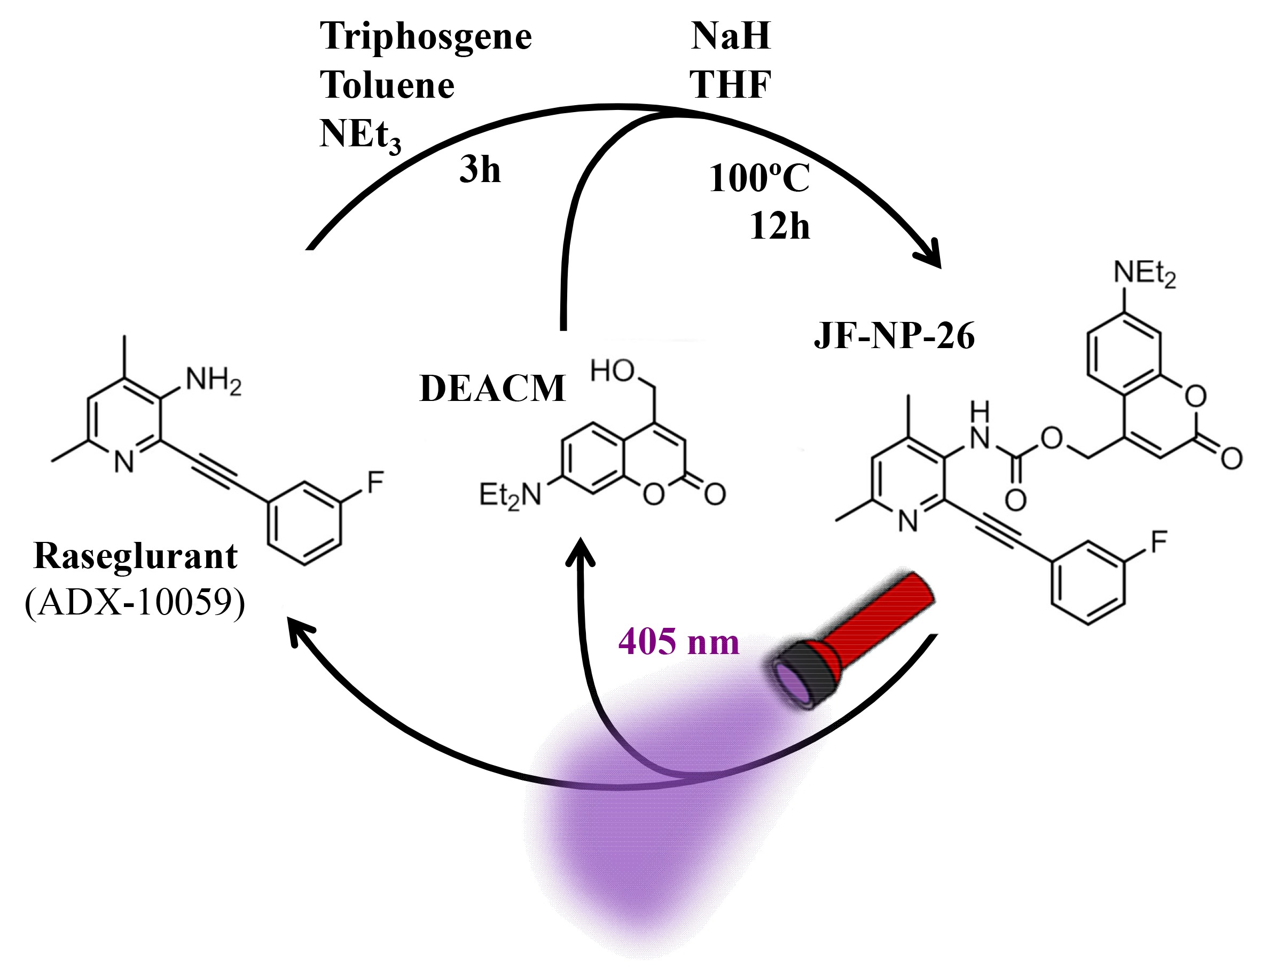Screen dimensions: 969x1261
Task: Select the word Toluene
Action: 387,86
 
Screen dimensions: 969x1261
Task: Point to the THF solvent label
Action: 730,85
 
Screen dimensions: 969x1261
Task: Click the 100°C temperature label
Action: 758,178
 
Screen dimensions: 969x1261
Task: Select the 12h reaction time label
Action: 779,226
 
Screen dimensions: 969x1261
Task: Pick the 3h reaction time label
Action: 480,171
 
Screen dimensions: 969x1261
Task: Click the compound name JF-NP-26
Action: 894,336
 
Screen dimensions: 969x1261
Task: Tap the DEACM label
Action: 492,389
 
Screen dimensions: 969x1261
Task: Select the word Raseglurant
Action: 136,557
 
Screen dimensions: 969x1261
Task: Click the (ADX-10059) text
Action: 135,603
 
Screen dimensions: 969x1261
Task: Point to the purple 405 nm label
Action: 678,642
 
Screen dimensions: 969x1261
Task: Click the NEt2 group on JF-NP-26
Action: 1144,273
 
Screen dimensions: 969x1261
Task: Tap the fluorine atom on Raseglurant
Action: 374,482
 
